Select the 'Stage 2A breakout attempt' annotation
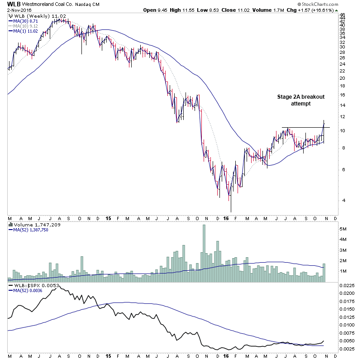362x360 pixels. [300, 100]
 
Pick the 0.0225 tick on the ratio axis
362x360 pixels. [347, 285]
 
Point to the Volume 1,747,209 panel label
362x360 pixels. [30, 225]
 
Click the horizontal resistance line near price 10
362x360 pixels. [305, 128]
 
